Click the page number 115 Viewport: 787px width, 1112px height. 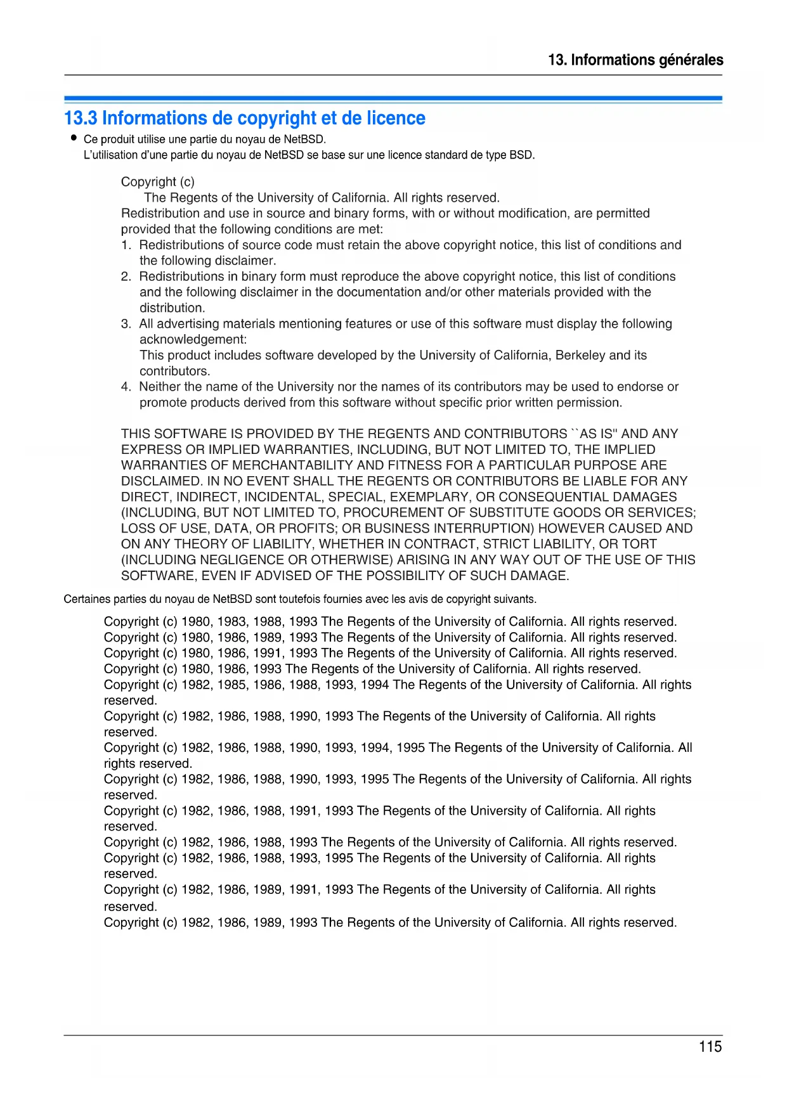coord(710,1047)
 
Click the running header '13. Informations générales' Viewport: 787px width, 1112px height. coord(635,60)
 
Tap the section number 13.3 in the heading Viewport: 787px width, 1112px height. coord(81,119)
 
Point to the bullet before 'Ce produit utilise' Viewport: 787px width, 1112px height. coord(74,138)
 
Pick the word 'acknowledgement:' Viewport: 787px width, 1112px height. coord(193,339)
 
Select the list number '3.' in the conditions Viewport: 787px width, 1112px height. coord(126,324)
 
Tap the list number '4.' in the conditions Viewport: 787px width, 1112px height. coord(126,387)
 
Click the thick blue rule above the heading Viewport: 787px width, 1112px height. coord(393,98)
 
